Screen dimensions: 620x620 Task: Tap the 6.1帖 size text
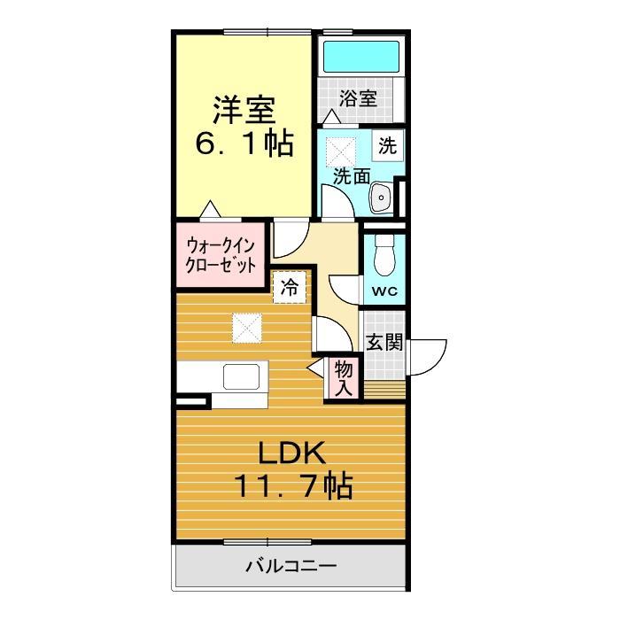244,144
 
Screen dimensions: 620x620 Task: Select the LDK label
292,453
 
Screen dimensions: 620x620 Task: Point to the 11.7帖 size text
292,485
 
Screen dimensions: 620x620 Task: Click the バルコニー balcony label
291,564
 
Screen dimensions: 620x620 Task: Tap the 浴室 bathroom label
360,98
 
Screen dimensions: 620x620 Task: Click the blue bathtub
360,56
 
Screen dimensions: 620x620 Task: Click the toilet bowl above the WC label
384,258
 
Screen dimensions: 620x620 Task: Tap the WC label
384,291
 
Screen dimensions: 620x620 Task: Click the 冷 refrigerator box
289,287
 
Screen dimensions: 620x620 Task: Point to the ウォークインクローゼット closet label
221,255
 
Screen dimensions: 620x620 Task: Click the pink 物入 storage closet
344,377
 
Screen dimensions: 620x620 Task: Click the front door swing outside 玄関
427,357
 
